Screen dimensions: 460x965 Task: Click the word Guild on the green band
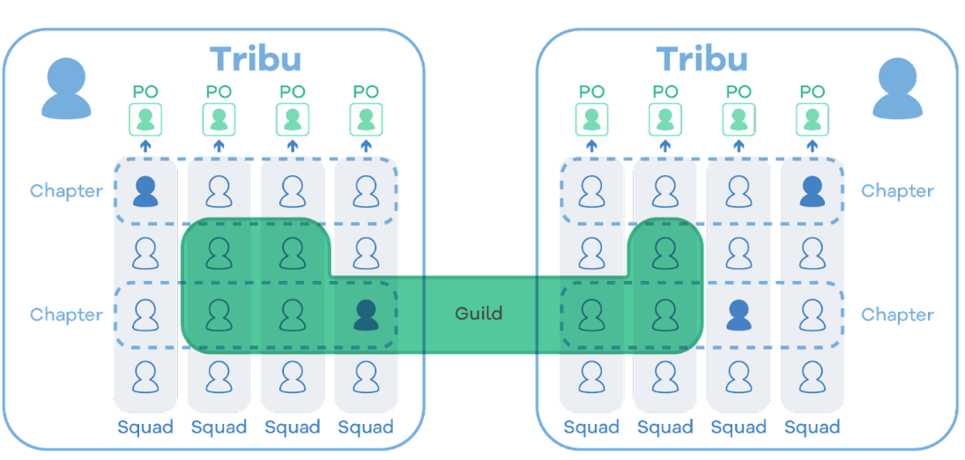(x=479, y=314)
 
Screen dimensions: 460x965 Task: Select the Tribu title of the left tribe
(x=256, y=59)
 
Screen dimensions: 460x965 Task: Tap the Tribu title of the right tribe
(x=702, y=59)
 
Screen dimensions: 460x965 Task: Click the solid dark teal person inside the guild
(x=366, y=315)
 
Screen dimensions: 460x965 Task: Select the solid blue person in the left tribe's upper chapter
(x=145, y=190)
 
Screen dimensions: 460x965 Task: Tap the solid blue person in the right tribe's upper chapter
(x=812, y=190)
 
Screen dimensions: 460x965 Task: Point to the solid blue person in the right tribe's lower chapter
(x=739, y=315)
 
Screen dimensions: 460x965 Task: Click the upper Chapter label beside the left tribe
(x=66, y=190)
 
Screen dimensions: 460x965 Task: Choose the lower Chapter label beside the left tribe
(x=66, y=315)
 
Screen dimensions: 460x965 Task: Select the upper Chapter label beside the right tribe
(x=897, y=190)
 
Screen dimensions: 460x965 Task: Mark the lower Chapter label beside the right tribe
(x=897, y=315)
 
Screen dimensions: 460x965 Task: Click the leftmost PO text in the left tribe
(x=145, y=92)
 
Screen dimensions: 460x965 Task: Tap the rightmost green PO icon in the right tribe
(x=812, y=119)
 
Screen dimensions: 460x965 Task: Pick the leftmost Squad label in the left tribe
(x=145, y=427)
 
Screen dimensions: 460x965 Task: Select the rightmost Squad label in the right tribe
(x=812, y=427)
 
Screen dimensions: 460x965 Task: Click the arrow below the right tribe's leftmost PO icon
(x=591, y=145)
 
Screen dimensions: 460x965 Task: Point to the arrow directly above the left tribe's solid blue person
(x=145, y=145)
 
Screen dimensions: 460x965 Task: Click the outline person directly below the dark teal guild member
(x=366, y=377)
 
